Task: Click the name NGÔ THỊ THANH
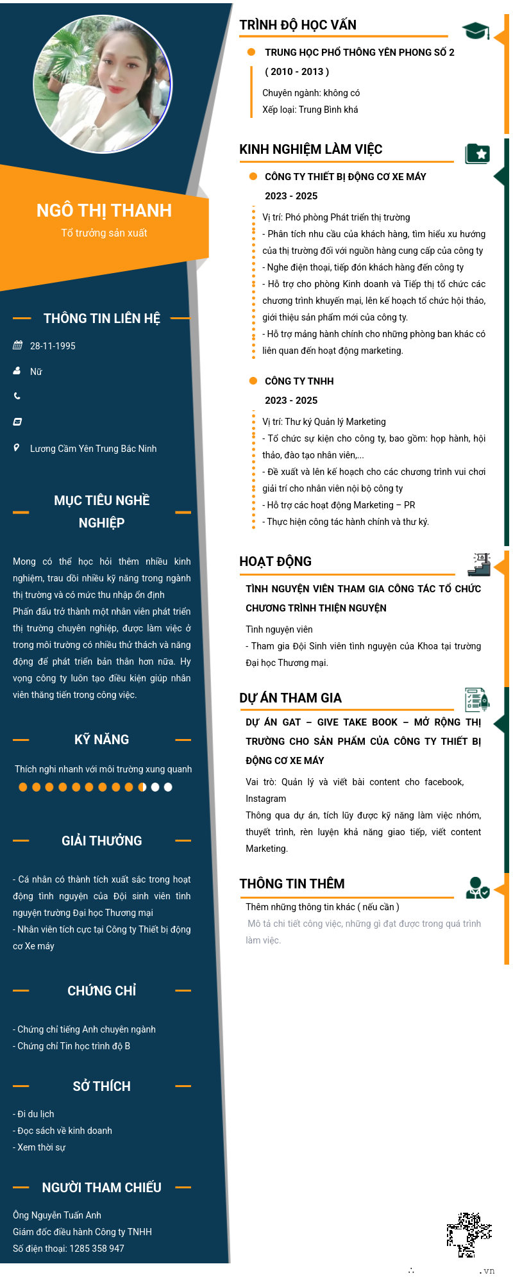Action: click(104, 210)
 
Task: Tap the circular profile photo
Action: click(103, 84)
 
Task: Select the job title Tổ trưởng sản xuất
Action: click(104, 233)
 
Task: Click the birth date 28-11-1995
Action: click(53, 346)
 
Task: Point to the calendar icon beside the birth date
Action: click(17, 345)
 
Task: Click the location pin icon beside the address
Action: click(17, 447)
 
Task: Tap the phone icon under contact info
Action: click(17, 396)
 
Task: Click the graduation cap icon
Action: click(475, 30)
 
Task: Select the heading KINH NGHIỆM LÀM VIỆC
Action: click(310, 149)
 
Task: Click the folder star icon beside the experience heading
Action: click(477, 154)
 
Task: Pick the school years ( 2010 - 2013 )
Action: click(297, 72)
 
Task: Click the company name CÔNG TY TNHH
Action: click(299, 381)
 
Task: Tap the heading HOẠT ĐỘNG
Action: click(275, 561)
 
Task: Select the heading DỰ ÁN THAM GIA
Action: click(290, 698)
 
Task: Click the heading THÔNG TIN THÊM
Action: click(292, 884)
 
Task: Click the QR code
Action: click(469, 1234)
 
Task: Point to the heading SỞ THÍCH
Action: click(101, 1086)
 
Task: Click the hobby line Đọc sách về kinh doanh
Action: click(64, 1131)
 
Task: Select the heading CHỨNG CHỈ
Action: click(101, 991)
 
